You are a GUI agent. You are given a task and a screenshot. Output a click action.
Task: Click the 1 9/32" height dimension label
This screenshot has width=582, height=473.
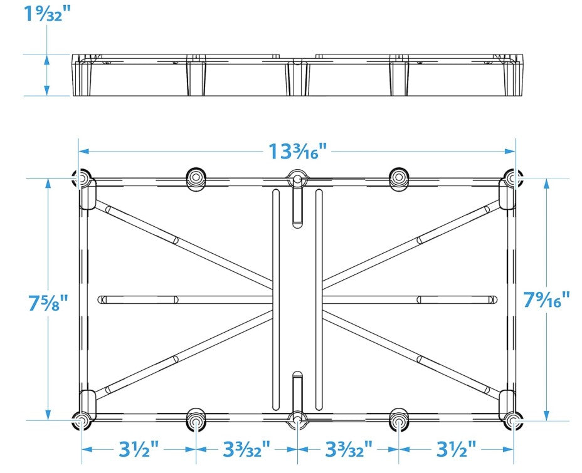[47, 13]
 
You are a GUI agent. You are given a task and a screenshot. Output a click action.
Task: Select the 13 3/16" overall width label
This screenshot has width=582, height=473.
[298, 151]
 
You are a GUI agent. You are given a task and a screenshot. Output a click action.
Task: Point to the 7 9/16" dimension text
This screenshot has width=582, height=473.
[546, 299]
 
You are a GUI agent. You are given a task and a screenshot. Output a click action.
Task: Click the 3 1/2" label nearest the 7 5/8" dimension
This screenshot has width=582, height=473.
[139, 449]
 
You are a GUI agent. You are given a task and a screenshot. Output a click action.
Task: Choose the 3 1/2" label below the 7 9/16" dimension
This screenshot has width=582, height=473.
[456, 449]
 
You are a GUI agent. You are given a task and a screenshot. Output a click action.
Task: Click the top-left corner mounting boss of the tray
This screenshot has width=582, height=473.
[81, 179]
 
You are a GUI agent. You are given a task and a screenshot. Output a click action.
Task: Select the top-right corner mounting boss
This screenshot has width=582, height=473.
[512, 179]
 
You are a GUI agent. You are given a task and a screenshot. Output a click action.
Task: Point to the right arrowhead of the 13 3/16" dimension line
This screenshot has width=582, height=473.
[511, 151]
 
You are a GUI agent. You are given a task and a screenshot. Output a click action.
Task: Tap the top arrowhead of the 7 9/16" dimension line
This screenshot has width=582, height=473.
[546, 183]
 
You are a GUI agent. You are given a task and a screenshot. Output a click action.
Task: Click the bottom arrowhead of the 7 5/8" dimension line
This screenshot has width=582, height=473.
[48, 415]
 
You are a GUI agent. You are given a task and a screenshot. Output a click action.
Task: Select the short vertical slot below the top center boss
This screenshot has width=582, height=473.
[297, 202]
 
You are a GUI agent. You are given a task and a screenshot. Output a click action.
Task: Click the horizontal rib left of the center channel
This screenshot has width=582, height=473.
[185, 299]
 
